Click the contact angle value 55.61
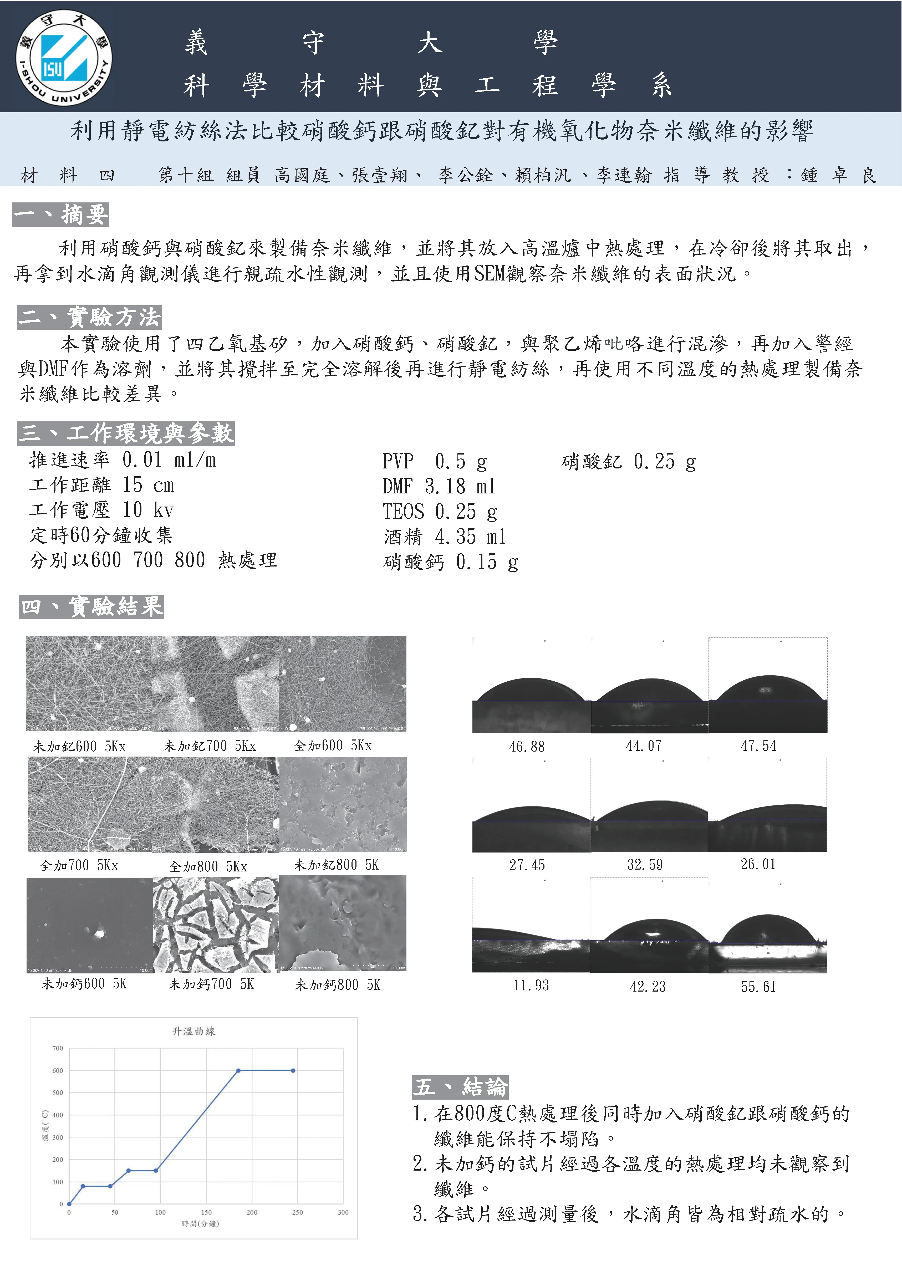pyautogui.click(x=758, y=987)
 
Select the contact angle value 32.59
pyautogui.click(x=645, y=865)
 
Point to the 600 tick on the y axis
pyautogui.click(x=58, y=1070)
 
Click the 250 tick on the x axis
pyautogui.click(x=297, y=1212)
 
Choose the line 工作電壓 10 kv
pyautogui.click(x=102, y=510)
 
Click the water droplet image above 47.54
pyautogui.click(x=767, y=686)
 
